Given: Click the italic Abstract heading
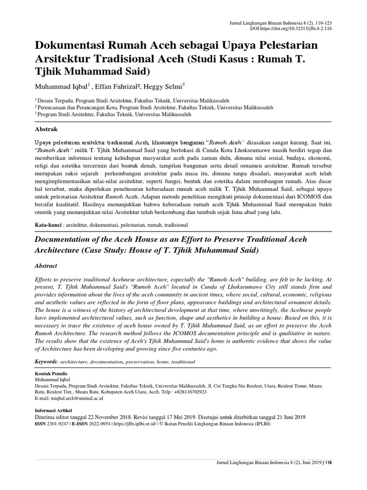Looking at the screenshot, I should (46, 266).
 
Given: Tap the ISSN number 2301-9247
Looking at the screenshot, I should (59, 423).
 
